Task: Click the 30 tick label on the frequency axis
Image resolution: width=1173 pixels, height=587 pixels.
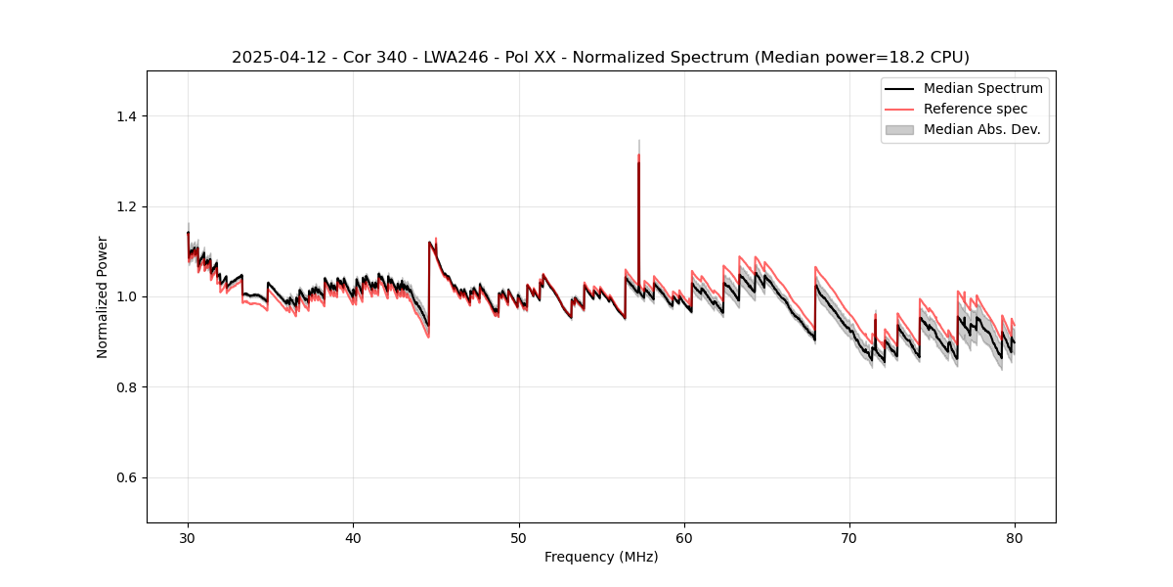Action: (x=188, y=537)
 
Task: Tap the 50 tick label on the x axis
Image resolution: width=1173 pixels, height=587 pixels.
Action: (x=519, y=537)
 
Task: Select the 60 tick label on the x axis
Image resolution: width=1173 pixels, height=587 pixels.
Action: (x=684, y=537)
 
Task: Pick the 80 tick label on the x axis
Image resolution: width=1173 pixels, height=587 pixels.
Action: (x=1015, y=537)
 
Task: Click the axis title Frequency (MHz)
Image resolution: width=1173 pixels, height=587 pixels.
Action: (x=601, y=557)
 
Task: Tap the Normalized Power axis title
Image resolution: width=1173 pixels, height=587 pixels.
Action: (x=103, y=296)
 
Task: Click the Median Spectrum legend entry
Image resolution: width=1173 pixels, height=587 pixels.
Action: (x=982, y=88)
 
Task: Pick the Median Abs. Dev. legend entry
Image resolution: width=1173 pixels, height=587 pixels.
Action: (x=981, y=129)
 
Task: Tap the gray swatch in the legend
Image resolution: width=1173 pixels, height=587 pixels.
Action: (x=899, y=129)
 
